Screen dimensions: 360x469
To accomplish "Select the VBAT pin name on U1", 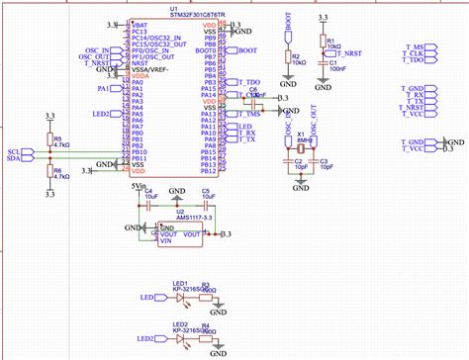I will tap(141, 23).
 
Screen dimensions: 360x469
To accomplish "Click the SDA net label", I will tap(12, 157).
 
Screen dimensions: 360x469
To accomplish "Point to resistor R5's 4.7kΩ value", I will tap(61, 144).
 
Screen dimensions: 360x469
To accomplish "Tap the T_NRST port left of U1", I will tap(99, 63).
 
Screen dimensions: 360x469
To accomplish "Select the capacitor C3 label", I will tap(324, 159).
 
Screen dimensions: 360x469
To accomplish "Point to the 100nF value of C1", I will tap(337, 70).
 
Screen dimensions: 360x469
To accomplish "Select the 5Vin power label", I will tap(138, 185).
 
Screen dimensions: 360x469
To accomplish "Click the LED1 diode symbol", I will tap(181, 296).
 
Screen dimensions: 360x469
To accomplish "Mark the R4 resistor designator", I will tap(205, 324).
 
